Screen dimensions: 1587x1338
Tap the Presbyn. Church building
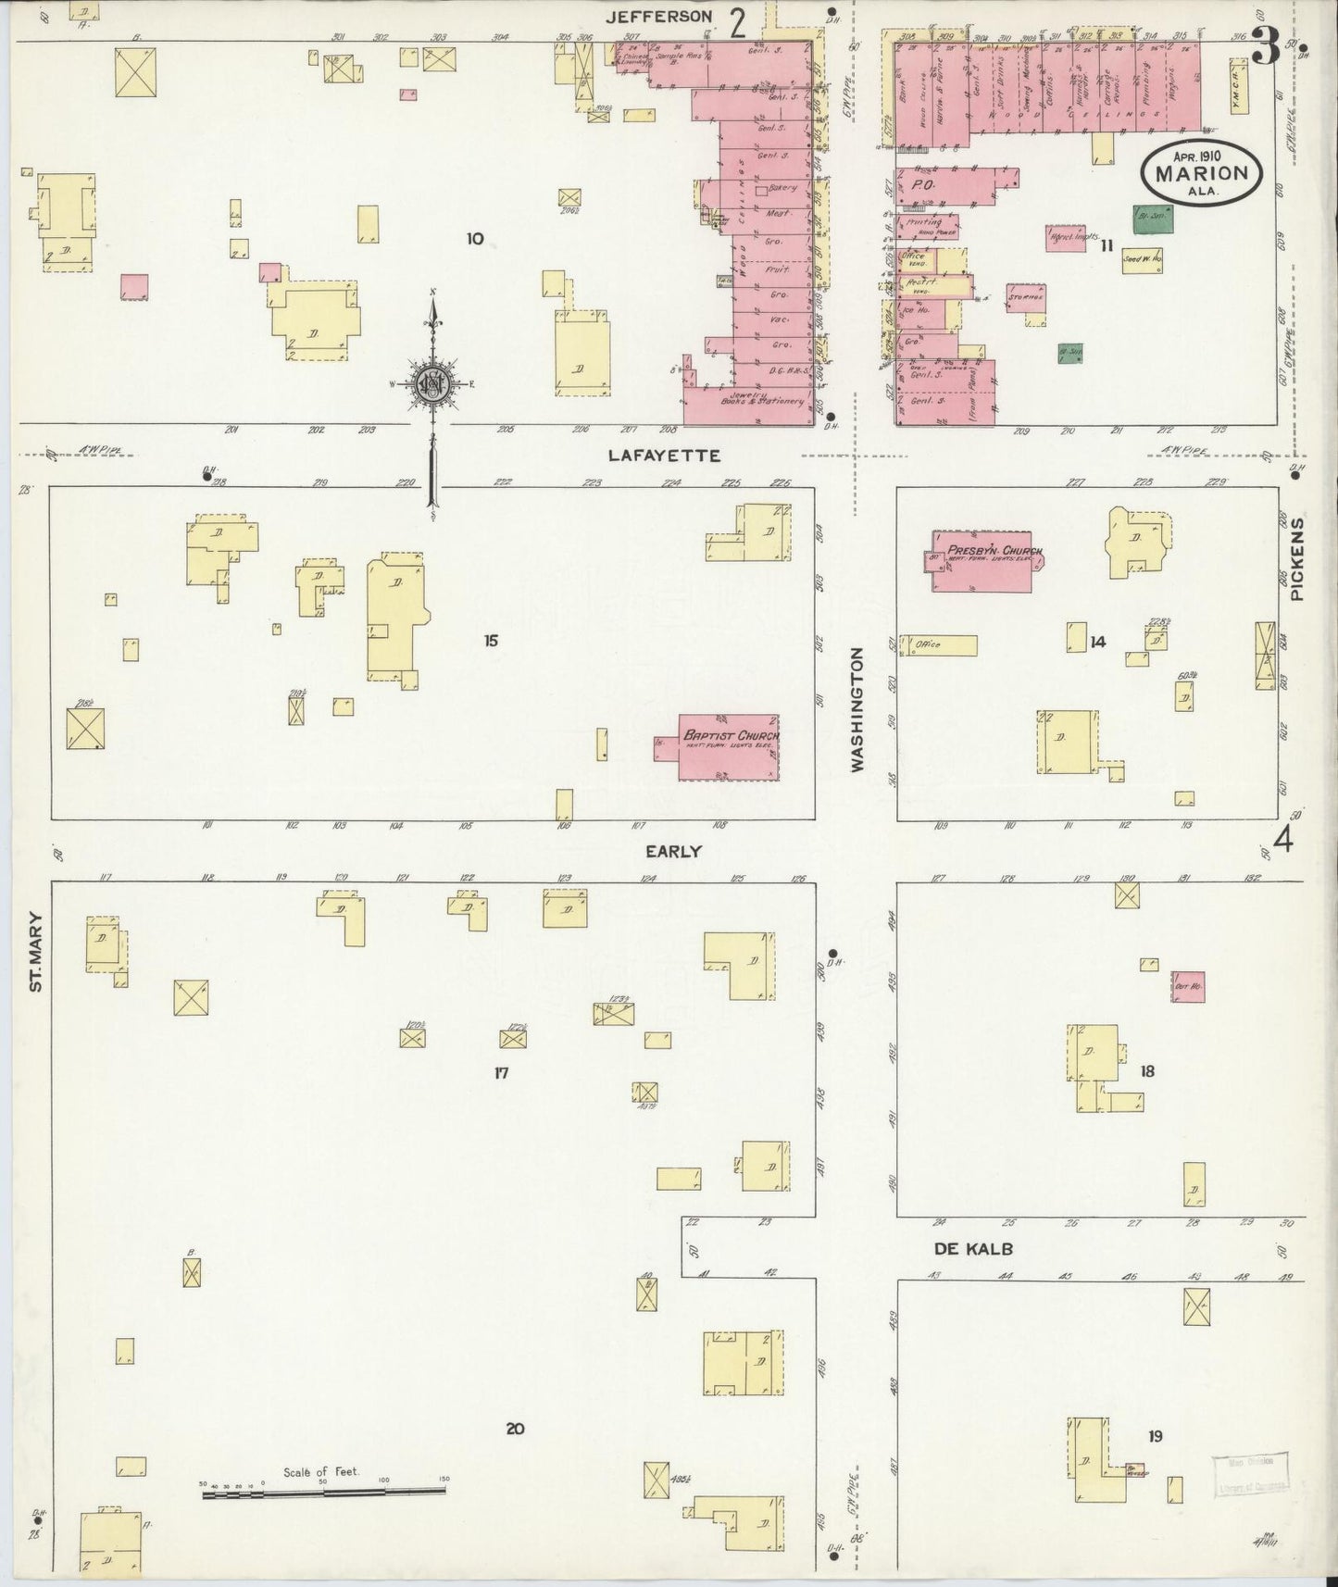987,561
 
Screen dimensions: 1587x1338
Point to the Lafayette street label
664,456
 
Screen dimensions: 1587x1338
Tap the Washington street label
857,710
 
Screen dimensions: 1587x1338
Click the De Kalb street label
972,1248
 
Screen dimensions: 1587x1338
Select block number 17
501,1073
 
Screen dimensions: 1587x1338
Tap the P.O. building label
921,185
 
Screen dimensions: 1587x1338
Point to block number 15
491,640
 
